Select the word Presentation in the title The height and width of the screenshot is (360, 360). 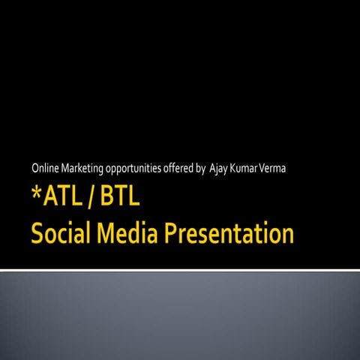(x=238, y=235)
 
